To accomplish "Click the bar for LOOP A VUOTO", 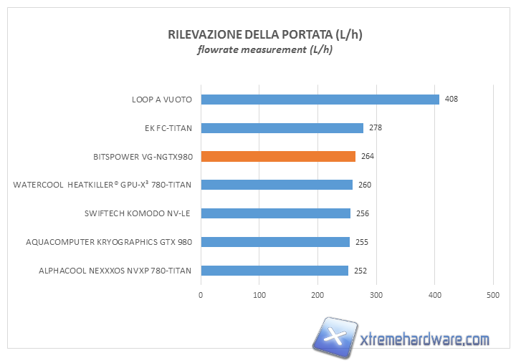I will point(320,100).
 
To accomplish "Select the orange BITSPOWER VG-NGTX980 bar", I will point(278,156).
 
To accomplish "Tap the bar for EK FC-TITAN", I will point(282,128).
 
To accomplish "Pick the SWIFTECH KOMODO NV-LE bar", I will point(275,213).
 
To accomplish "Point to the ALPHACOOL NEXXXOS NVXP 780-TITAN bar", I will point(274,271).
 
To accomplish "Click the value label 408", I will point(451,100).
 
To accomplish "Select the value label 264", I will point(368,156).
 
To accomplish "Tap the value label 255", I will point(362,242).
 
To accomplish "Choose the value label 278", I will point(376,128).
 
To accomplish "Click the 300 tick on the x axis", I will point(376,294).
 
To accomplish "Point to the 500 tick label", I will point(492,294).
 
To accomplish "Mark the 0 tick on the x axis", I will point(201,294).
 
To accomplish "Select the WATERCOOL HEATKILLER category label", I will point(102,185).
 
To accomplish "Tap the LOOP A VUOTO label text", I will point(162,100).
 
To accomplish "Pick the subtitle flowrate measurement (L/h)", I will point(265,50).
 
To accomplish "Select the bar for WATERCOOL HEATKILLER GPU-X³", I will point(277,185).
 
